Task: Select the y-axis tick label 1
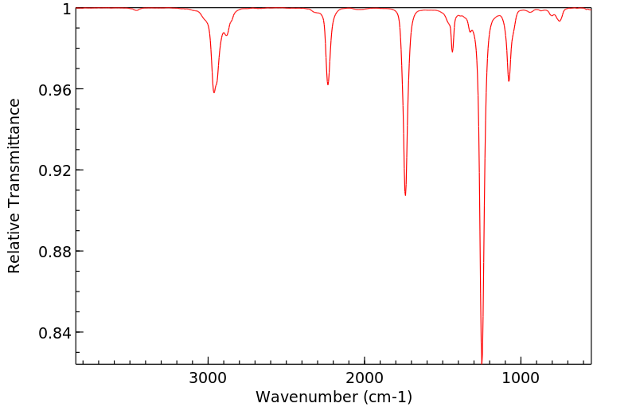click(67, 9)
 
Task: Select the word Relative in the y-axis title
click(14, 243)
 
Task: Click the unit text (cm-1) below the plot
click(386, 396)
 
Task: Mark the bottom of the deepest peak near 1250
click(482, 361)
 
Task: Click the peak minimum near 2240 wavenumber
click(328, 84)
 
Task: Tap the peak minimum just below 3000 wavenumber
click(214, 93)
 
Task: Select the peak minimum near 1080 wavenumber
click(509, 81)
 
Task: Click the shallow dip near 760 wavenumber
click(560, 22)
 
